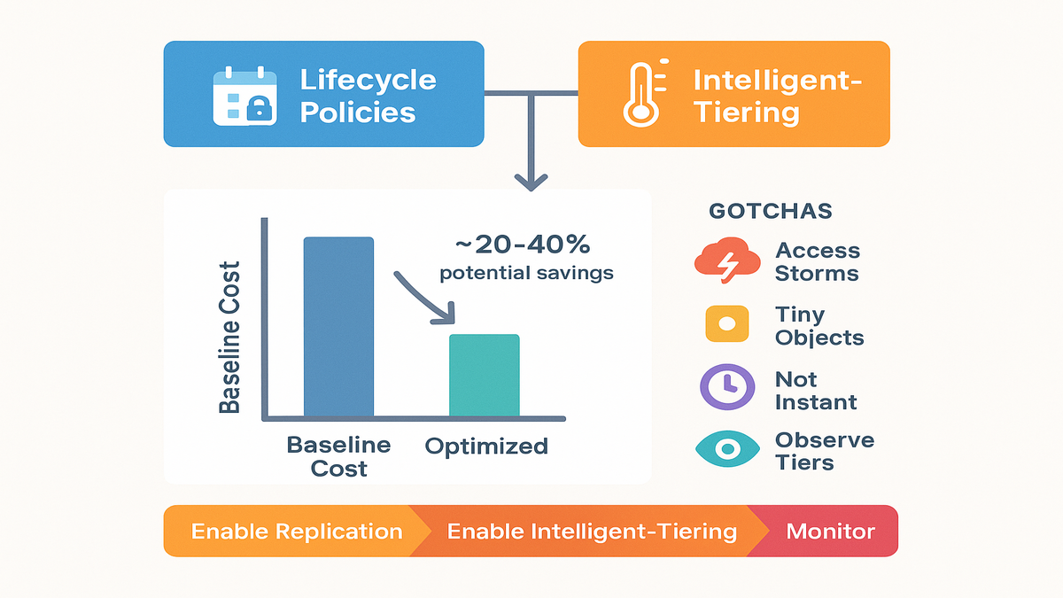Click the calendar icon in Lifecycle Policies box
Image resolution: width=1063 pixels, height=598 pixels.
244,97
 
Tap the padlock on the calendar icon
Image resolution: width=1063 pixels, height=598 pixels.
259,109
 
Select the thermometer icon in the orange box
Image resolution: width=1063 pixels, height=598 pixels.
645,93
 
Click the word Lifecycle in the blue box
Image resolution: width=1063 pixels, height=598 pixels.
368,81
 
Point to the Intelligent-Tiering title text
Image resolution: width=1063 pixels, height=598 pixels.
778,97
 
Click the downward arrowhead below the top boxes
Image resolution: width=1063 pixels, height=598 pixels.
531,183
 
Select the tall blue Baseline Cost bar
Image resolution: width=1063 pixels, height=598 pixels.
338,327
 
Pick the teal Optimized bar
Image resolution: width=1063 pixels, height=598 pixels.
484,376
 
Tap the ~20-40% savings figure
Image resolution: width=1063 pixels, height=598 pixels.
523,245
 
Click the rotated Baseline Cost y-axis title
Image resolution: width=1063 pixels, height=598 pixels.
229,337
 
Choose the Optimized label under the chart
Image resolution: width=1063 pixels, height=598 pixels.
486,447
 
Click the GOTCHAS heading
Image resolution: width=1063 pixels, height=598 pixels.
770,211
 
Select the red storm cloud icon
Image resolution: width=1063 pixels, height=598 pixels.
727,260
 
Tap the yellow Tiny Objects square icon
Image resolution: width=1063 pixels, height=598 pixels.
727,324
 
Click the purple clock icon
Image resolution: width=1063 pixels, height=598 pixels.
727,387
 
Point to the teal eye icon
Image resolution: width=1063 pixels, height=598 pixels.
727,449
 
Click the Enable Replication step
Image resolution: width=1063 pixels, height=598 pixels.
297,532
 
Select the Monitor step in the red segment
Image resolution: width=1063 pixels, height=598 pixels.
831,532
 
